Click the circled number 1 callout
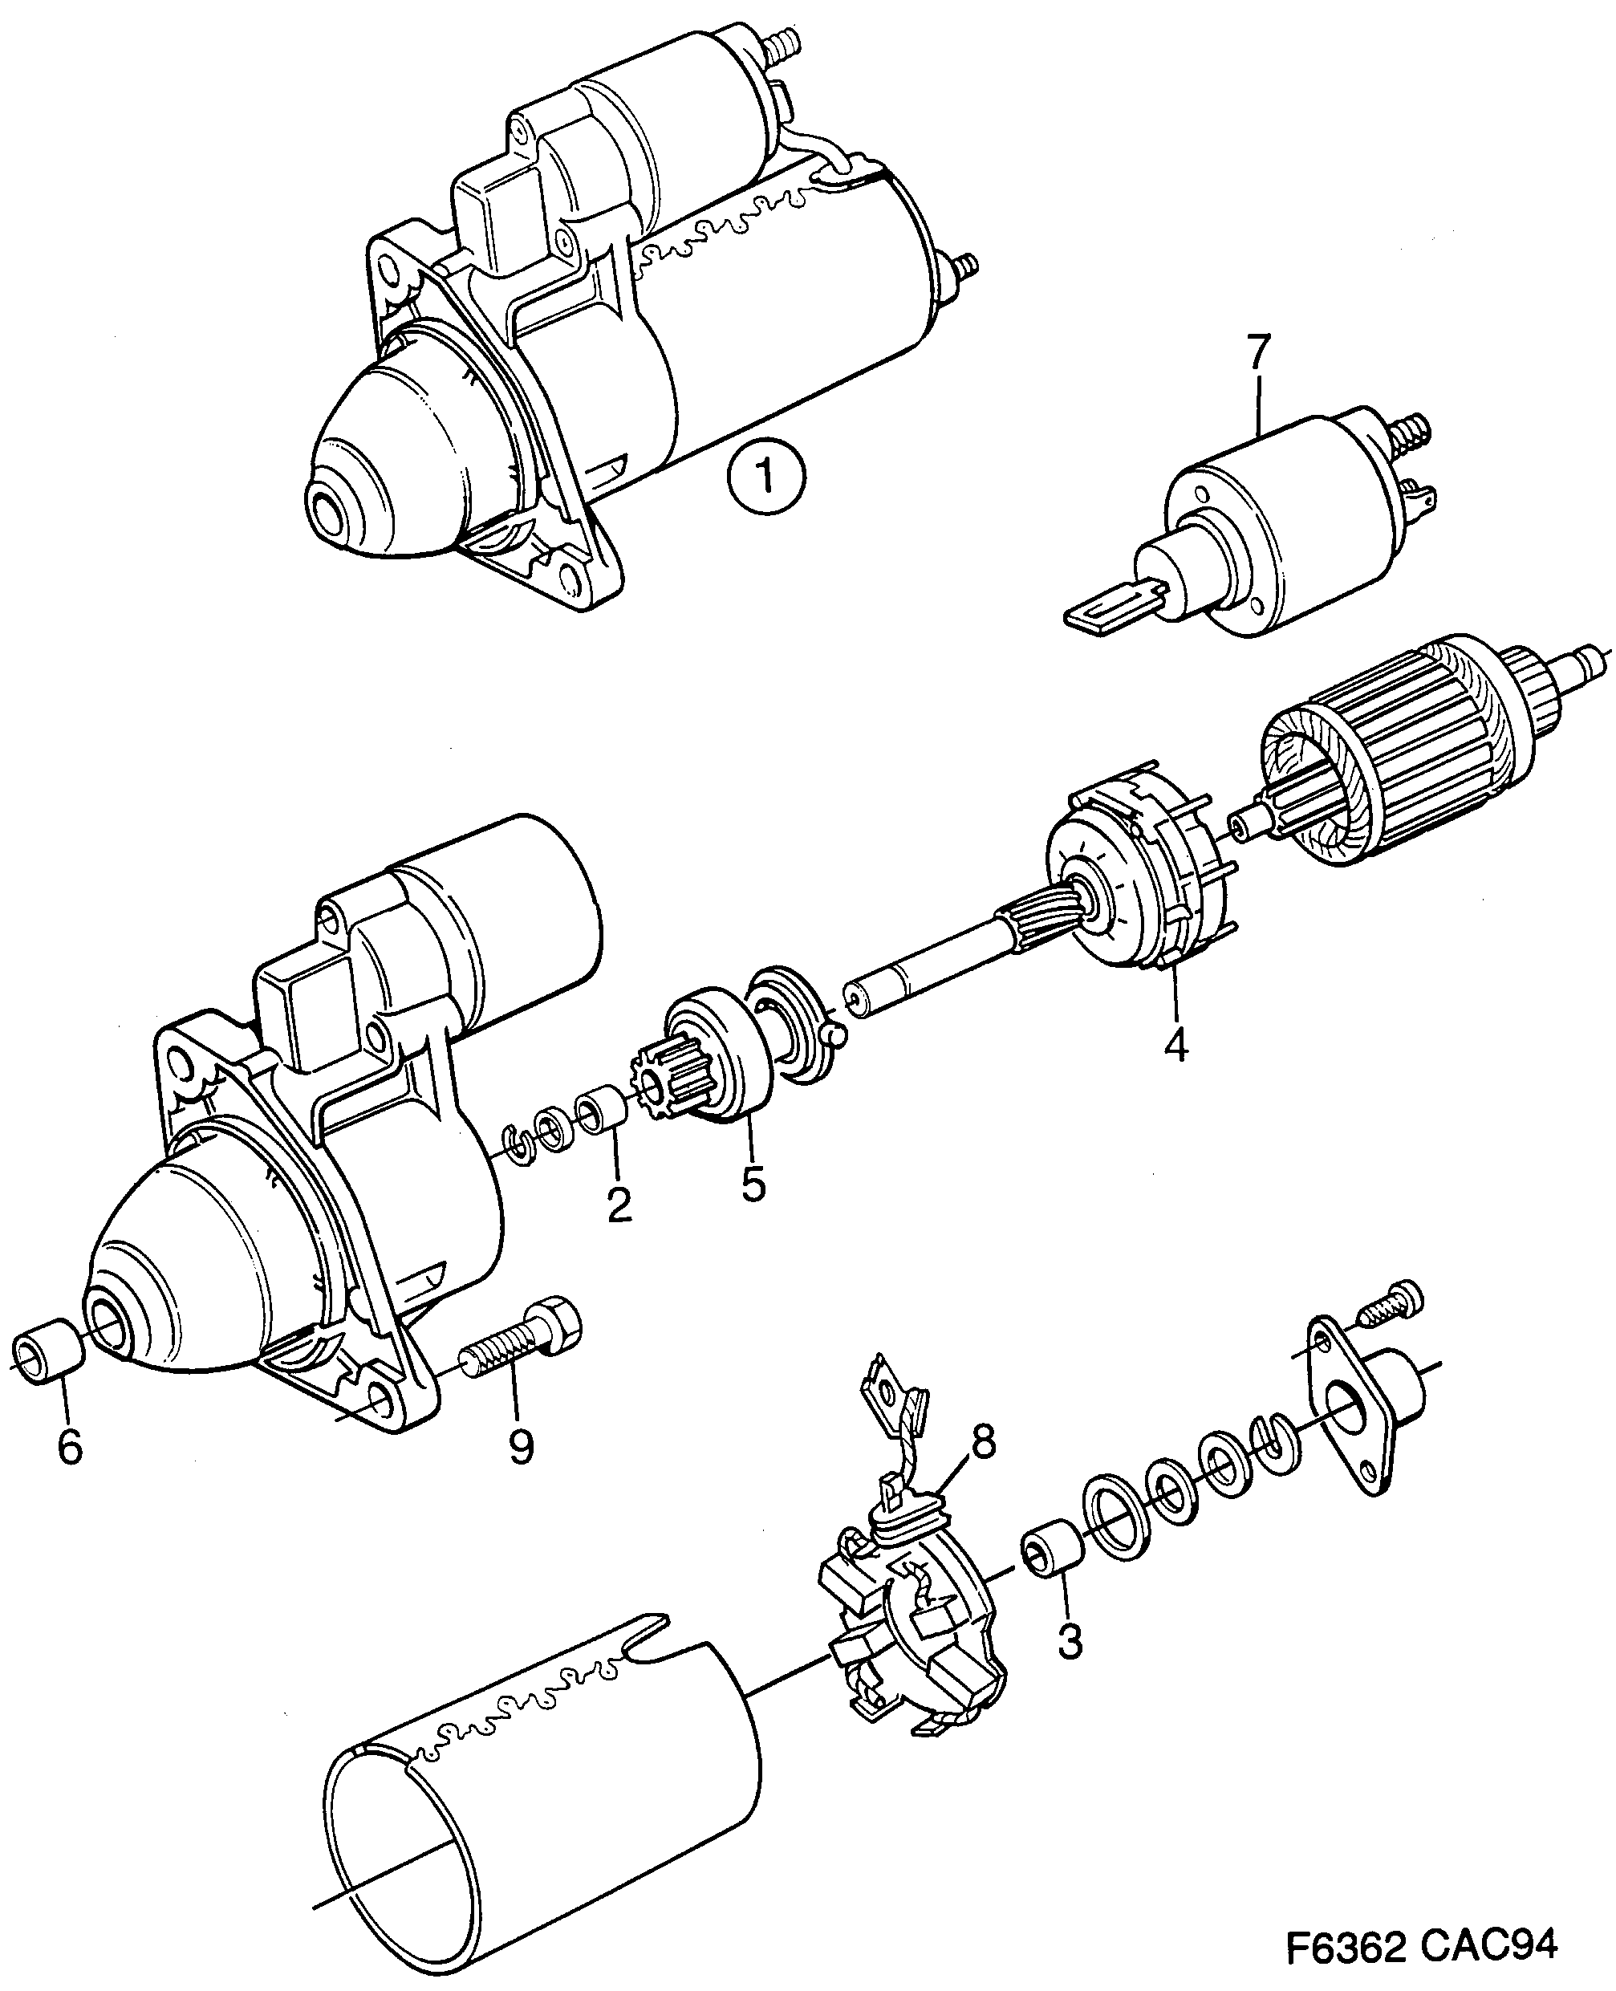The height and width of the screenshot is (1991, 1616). (x=765, y=477)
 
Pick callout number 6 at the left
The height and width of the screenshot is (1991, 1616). (x=70, y=1446)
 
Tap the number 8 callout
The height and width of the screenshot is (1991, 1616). (x=981, y=1442)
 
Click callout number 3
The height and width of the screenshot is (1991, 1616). (x=1070, y=1641)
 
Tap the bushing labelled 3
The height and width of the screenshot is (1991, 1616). (x=1053, y=1555)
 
